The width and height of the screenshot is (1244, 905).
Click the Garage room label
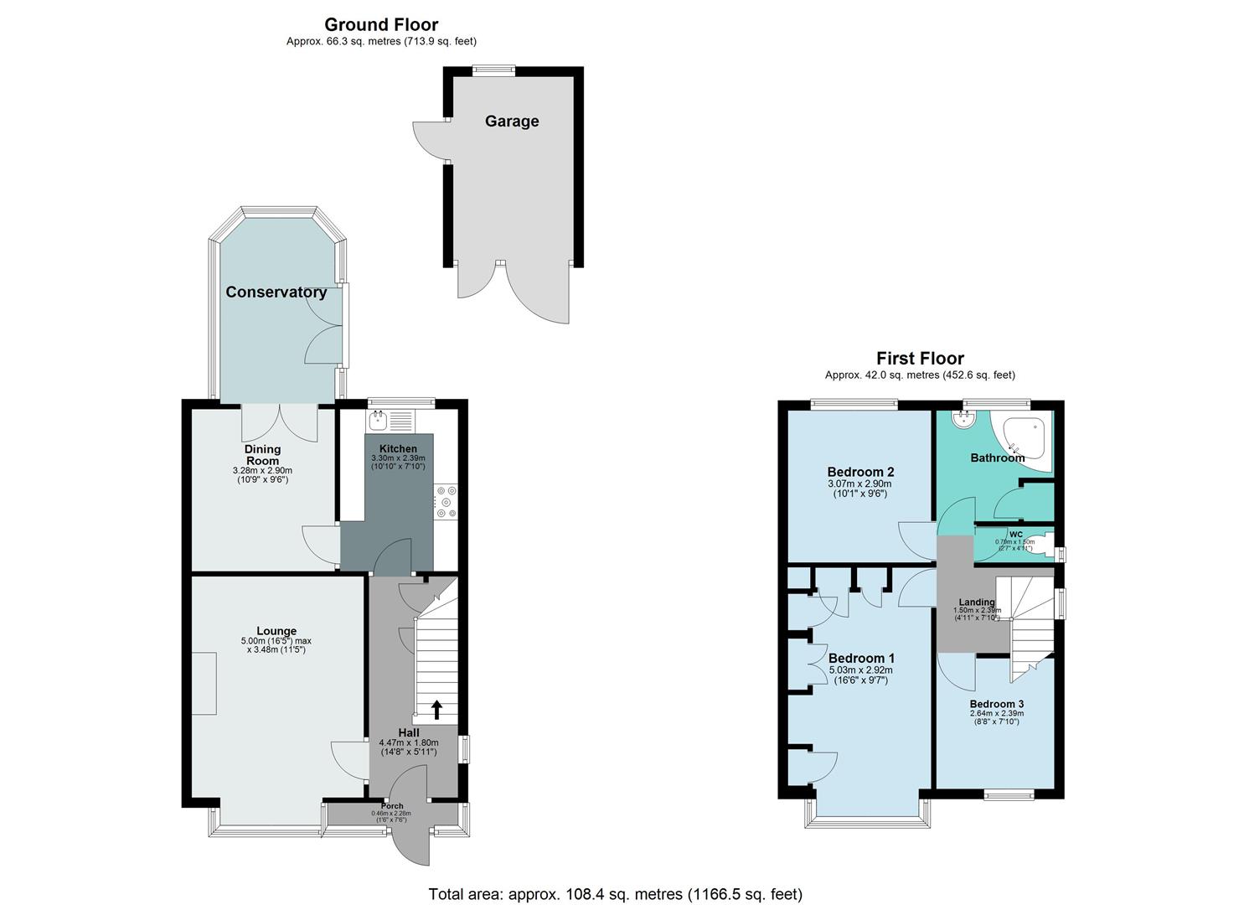[x=512, y=122]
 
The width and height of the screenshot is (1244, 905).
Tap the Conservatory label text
[x=276, y=292]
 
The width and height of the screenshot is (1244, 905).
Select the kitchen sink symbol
[x=378, y=420]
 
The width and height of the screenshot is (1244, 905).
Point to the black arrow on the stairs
[x=436, y=710]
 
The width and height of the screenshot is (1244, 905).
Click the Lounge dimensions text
[x=276, y=645]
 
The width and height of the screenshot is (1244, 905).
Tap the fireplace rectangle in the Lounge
[x=204, y=685]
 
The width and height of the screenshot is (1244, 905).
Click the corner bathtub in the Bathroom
[x=1025, y=438]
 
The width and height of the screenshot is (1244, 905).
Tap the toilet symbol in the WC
[x=1040, y=541]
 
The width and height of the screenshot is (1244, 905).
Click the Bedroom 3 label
[x=996, y=704]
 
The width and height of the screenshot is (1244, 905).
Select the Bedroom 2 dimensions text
[x=860, y=489]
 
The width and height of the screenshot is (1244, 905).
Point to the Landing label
[x=977, y=602]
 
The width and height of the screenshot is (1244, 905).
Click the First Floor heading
[x=920, y=359]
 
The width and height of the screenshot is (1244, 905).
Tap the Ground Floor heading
[x=381, y=25]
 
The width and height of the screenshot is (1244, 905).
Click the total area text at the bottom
[x=615, y=894]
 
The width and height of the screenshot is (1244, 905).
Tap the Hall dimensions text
[x=409, y=747]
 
